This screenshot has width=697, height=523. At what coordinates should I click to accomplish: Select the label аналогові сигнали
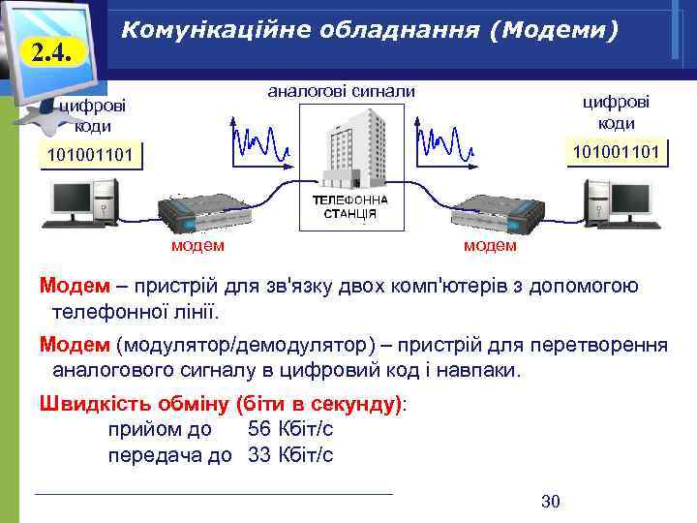click(341, 92)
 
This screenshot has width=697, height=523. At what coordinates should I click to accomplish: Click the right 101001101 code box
click(616, 151)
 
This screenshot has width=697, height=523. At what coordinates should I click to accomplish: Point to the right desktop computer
click(621, 203)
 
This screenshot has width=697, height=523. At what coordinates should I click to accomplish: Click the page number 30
click(551, 501)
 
